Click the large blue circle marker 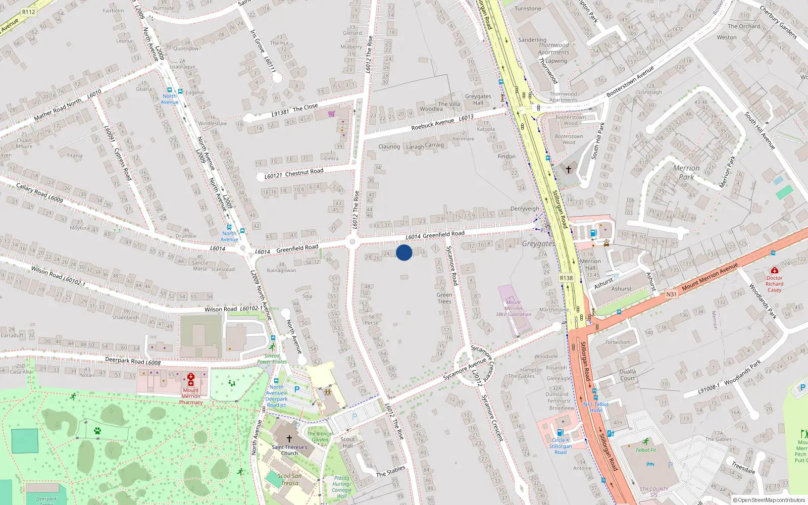point(404,252)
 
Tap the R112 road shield point(29,12)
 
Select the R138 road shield point(566,278)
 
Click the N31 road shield point(671,294)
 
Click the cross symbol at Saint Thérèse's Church point(289,439)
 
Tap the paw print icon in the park point(97,431)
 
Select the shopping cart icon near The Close point(331,114)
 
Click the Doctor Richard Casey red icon point(775,271)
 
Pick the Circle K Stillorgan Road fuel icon point(560,432)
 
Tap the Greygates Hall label point(478,99)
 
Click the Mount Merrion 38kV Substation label point(513,308)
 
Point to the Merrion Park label point(686,172)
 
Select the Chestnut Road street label point(304,172)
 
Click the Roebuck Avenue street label point(432,124)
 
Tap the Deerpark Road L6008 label point(133,361)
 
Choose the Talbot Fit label point(646,450)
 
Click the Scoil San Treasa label point(289,479)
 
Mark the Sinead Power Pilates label point(272,359)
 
